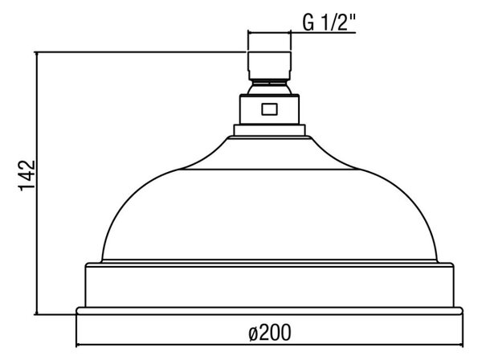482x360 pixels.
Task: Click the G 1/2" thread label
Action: pyautogui.click(x=329, y=22)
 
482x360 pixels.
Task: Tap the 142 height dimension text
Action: pyautogui.click(x=27, y=175)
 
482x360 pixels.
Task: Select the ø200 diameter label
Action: pyautogui.click(x=270, y=333)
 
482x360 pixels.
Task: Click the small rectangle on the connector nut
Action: pyautogui.click(x=270, y=109)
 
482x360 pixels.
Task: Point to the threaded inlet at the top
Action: pyautogui.click(x=270, y=65)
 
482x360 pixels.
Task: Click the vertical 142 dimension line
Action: pyautogui.click(x=37, y=183)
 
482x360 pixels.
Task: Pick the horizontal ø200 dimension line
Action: pyautogui.click(x=269, y=346)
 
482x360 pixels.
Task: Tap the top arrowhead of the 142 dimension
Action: pyautogui.click(x=37, y=55)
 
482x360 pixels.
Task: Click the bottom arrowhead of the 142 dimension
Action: pyautogui.click(x=37, y=312)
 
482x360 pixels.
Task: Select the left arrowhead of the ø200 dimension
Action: pyautogui.click(x=80, y=346)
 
